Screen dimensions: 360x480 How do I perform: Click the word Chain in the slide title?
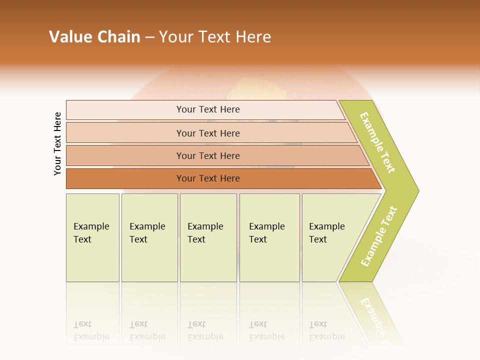point(118,37)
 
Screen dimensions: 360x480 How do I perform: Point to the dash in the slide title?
point(149,37)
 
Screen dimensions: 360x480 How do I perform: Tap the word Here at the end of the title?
point(253,37)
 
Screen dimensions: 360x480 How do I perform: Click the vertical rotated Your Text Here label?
point(57,144)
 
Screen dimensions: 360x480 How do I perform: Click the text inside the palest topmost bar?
point(208,109)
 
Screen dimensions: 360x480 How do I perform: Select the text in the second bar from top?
point(208,133)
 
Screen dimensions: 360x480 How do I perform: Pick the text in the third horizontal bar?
point(208,156)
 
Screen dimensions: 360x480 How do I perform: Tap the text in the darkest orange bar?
point(208,178)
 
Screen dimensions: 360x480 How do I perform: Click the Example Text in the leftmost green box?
point(91,233)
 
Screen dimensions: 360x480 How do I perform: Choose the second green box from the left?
point(149,237)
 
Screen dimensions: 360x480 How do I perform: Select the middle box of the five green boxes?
point(208,237)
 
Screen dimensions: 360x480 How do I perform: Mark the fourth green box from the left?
point(269,237)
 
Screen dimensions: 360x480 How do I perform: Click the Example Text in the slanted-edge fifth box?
point(327,233)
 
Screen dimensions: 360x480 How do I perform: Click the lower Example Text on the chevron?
point(379,236)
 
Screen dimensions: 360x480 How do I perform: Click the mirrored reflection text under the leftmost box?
point(91,330)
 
